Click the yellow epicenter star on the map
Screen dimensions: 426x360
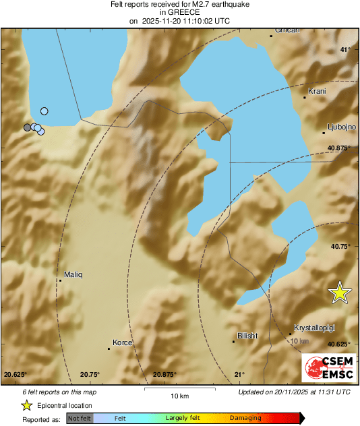(x=340, y=292)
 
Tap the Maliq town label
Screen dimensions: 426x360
(x=72, y=274)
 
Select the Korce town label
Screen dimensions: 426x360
(x=122, y=343)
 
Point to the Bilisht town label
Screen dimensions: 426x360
(x=248, y=336)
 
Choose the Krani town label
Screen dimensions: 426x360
(x=317, y=91)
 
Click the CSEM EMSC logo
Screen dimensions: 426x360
(x=326, y=367)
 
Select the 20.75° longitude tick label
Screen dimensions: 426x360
(x=90, y=374)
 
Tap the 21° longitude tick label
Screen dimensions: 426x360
(x=239, y=374)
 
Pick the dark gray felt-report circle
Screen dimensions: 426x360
(x=28, y=127)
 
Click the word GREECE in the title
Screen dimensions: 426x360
(x=179, y=12)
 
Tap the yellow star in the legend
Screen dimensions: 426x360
(x=26, y=405)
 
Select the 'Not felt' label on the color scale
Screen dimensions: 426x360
(x=80, y=418)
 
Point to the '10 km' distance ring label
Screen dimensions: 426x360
(x=299, y=341)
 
